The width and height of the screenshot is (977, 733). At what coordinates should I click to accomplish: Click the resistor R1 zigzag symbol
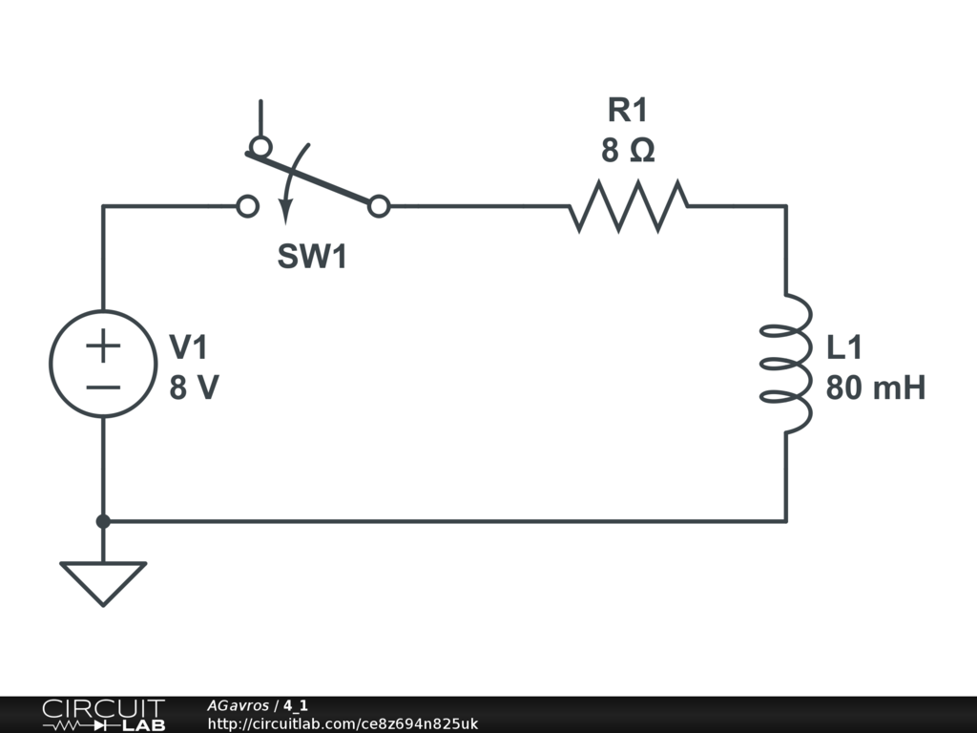pos(629,205)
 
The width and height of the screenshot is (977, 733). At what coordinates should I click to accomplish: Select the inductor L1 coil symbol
pos(788,363)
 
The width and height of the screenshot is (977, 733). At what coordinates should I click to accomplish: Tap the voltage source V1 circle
pos(103,363)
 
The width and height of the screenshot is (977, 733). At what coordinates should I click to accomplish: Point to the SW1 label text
pos(312,257)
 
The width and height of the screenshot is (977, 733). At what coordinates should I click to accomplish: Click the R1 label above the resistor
pos(628,111)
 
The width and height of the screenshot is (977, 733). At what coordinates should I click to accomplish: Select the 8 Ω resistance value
pos(628,151)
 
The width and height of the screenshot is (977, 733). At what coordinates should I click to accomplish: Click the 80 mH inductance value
pos(875,388)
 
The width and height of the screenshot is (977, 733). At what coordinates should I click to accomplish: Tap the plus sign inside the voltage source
pos(103,346)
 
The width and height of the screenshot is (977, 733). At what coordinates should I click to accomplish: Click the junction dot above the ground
pos(103,521)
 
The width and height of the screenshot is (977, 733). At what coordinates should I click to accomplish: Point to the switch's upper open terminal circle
pos(260,147)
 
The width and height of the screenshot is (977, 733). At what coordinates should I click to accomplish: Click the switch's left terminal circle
pos(247,205)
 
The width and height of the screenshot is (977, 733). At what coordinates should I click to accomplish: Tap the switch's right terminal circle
pos(379,205)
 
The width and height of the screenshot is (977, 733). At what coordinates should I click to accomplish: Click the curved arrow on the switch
pos(290,181)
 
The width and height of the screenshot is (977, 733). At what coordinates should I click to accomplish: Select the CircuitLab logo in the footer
pos(102,714)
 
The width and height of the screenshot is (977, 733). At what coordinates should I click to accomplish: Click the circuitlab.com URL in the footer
pos(343,724)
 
